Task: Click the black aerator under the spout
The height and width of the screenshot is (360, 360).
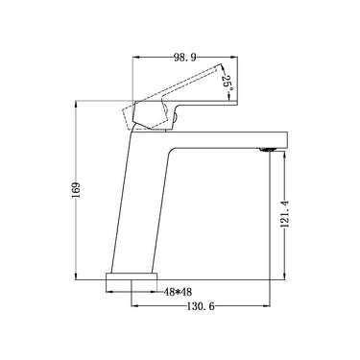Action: coord(269,148)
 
